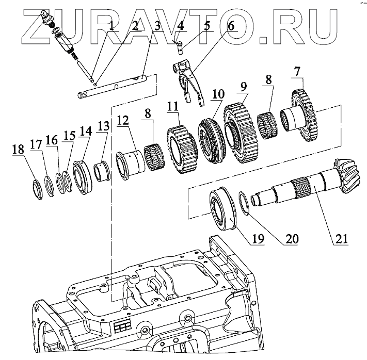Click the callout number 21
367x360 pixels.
[341, 239]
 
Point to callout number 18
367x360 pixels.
[18, 150]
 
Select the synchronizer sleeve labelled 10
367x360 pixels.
[211, 139]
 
